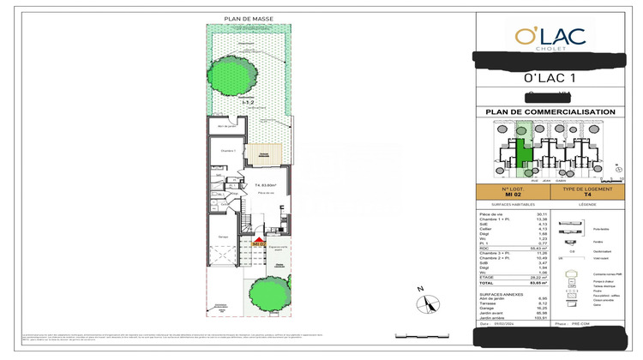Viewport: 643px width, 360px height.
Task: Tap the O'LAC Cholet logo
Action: tap(550, 37)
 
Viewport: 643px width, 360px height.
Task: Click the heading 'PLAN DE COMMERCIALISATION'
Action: tap(550, 112)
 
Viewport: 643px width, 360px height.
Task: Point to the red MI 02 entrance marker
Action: tap(257, 243)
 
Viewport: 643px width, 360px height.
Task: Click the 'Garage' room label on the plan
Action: tap(222, 237)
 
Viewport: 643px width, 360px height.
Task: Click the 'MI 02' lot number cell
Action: tap(511, 195)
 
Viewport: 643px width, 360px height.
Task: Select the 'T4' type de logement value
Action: tap(589, 195)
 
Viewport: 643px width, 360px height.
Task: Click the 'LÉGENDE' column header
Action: tap(589, 205)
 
